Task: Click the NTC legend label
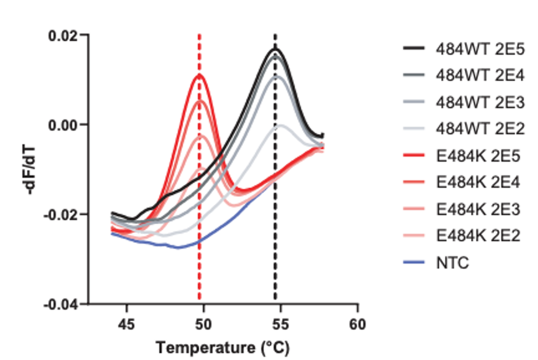(452, 263)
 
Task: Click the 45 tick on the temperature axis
(127, 324)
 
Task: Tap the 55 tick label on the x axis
(281, 324)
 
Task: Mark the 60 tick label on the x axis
(357, 324)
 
